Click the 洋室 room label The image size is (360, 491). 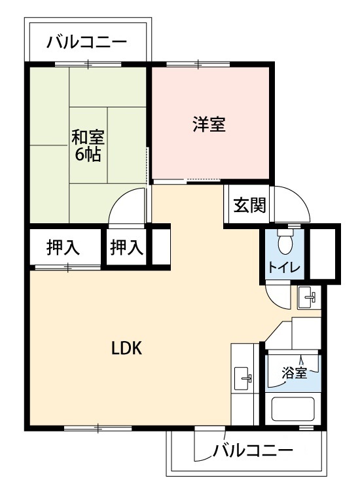point(209,124)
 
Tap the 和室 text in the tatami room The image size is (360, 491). point(88,137)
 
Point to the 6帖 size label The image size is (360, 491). point(88,154)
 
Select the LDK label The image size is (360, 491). point(127,348)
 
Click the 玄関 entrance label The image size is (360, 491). point(249,205)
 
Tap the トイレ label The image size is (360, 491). point(284,268)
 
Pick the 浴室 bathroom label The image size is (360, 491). point(294,373)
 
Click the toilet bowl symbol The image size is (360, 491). point(285,242)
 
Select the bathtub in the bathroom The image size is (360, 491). point(293,409)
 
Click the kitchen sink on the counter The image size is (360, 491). point(243,379)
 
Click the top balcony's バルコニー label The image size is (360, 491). point(86,43)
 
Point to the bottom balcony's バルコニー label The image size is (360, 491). point(253,450)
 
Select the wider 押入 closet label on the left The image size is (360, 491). point(63,247)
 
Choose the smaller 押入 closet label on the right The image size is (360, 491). point(127,247)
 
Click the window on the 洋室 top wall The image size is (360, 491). point(198,65)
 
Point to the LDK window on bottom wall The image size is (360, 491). point(98,428)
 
